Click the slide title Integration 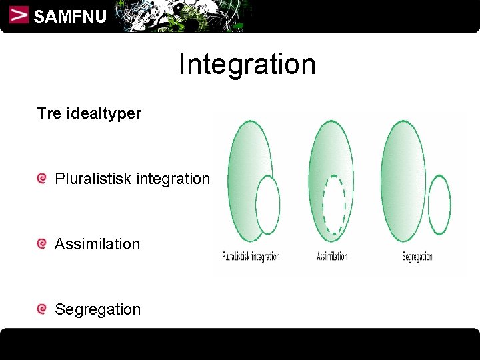click(247, 65)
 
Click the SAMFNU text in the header click(69, 17)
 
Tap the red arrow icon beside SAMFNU click(19, 15)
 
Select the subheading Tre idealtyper click(89, 113)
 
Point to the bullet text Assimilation click(97, 244)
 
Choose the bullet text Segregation click(97, 309)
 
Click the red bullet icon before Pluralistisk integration click(42, 179)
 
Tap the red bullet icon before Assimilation click(42, 244)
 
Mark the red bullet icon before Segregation click(42, 309)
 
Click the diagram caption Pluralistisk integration click(251, 257)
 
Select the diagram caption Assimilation click(332, 257)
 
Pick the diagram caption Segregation click(417, 257)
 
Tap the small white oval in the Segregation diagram click(439, 204)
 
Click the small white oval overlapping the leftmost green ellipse click(268, 204)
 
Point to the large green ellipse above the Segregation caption click(402, 180)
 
